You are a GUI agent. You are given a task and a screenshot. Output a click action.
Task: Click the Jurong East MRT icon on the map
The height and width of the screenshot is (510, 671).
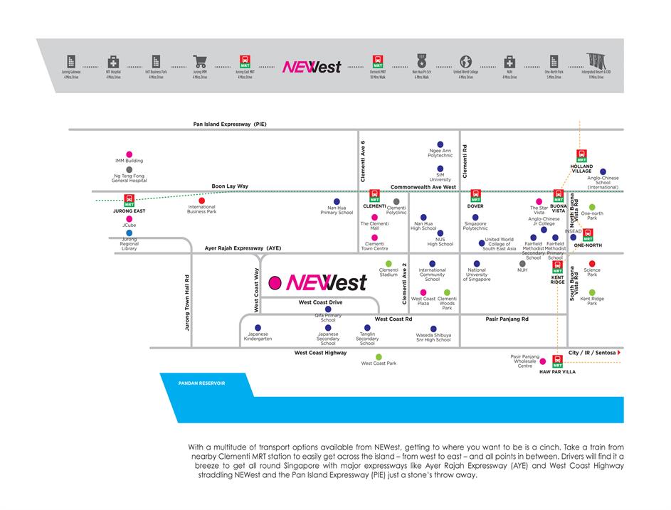(x=129, y=201)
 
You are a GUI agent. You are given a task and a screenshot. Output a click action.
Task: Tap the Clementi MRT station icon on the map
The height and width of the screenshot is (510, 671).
(x=374, y=196)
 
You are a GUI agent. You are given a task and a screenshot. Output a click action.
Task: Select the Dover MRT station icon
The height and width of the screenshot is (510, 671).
(x=475, y=196)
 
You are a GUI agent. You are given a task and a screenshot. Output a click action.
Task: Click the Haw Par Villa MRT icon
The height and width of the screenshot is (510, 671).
(x=558, y=362)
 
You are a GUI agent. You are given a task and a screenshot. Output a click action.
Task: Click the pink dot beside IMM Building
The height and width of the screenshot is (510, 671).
(x=129, y=154)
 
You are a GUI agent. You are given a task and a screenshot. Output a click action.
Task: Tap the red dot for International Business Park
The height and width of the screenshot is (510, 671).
(x=201, y=201)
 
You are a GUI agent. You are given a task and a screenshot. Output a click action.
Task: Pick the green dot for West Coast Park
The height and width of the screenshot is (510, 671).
(x=379, y=356)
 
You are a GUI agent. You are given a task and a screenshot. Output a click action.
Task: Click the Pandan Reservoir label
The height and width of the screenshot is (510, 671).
(x=201, y=383)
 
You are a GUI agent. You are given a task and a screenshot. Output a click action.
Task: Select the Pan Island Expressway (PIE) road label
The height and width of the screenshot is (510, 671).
(x=230, y=124)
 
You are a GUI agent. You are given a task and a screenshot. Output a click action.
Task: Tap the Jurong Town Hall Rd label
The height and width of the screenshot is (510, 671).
(x=187, y=302)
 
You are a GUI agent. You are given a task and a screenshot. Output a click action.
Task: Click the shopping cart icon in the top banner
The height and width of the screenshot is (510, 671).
(x=200, y=62)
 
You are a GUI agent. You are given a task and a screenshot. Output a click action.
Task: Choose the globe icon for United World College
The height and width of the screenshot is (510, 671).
(x=466, y=62)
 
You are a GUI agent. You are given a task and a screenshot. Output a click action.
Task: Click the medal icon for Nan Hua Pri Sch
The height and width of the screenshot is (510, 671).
(x=421, y=62)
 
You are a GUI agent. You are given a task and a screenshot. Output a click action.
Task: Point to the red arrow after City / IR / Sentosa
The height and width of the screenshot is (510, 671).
(x=619, y=353)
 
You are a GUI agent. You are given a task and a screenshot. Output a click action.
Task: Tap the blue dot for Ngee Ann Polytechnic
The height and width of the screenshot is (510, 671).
(x=440, y=144)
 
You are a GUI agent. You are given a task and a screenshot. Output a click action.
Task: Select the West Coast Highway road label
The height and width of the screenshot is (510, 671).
(x=322, y=353)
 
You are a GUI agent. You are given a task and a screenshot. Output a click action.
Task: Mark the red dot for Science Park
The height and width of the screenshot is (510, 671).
(x=592, y=264)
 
